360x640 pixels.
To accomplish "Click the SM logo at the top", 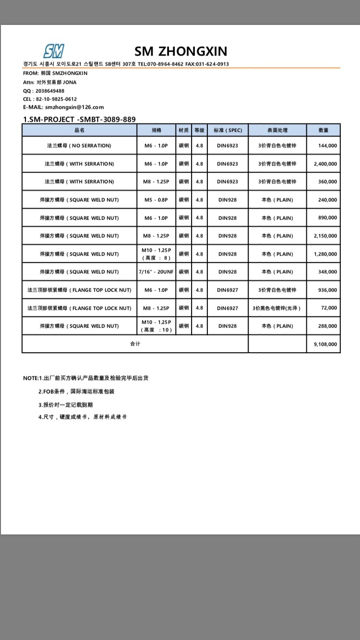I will tap(54, 51).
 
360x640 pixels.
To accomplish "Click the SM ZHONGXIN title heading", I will tap(180, 51).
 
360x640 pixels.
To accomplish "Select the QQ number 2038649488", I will tap(50, 91).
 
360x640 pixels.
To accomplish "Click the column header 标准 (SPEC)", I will tap(228, 130).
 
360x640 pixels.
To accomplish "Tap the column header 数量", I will tap(324, 130).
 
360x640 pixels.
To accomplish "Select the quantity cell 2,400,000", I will tap(325, 164).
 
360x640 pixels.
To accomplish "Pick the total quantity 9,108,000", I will tap(325, 344).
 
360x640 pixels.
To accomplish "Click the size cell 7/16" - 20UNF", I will tap(156, 272).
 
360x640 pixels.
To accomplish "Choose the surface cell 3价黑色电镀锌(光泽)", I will tap(277, 308).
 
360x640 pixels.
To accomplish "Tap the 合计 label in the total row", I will tap(135, 344).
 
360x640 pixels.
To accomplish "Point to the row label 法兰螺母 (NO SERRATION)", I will tap(79, 145).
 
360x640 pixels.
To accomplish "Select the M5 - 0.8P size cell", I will tap(156, 200).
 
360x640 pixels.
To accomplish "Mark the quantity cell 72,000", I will tap(329, 308).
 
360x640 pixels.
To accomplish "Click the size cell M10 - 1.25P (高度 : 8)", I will tap(156, 254).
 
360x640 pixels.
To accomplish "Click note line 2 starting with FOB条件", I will tap(76, 391).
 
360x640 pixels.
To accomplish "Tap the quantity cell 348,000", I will tap(327, 272).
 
